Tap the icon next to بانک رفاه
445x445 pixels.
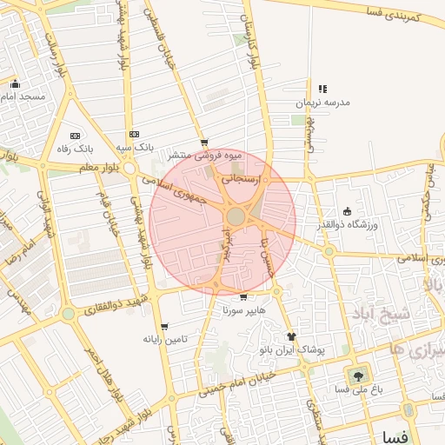[x=74, y=136]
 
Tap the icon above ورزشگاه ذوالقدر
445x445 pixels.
[x=348, y=211]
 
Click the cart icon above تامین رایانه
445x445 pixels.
[x=164, y=327]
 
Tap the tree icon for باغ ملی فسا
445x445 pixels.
[x=356, y=376]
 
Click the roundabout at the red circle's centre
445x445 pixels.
[x=236, y=216]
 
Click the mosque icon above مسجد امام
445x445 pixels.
[x=15, y=84]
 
